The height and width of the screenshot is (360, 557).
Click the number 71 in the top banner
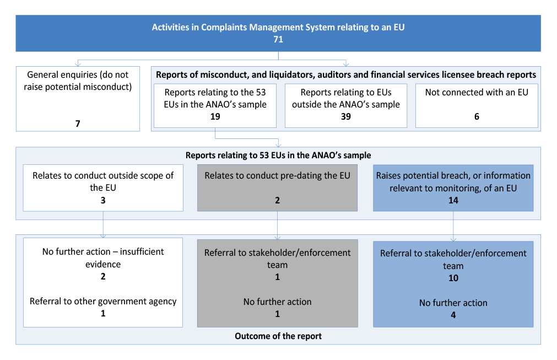click(278, 40)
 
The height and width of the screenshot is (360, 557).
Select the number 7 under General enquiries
click(78, 123)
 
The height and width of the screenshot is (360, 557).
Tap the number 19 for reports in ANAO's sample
click(215, 116)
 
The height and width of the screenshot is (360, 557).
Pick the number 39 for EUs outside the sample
click(345, 116)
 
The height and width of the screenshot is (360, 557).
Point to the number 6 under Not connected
click(477, 116)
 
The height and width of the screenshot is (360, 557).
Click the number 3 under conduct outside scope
click(103, 200)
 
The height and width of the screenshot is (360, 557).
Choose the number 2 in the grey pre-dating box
click(278, 200)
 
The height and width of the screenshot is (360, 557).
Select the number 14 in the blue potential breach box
click(453, 200)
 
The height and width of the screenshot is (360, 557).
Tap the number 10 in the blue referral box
click(453, 278)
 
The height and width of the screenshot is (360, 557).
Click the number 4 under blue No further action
click(453, 315)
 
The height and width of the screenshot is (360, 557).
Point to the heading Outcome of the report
click(278, 336)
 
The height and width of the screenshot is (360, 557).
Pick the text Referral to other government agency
click(103, 302)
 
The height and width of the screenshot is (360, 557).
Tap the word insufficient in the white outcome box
click(142, 251)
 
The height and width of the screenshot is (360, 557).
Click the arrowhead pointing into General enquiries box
click(78, 64)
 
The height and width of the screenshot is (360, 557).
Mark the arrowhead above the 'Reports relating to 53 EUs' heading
click(278, 144)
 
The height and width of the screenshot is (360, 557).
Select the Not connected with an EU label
click(477, 93)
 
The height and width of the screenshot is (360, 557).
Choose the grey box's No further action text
click(278, 302)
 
